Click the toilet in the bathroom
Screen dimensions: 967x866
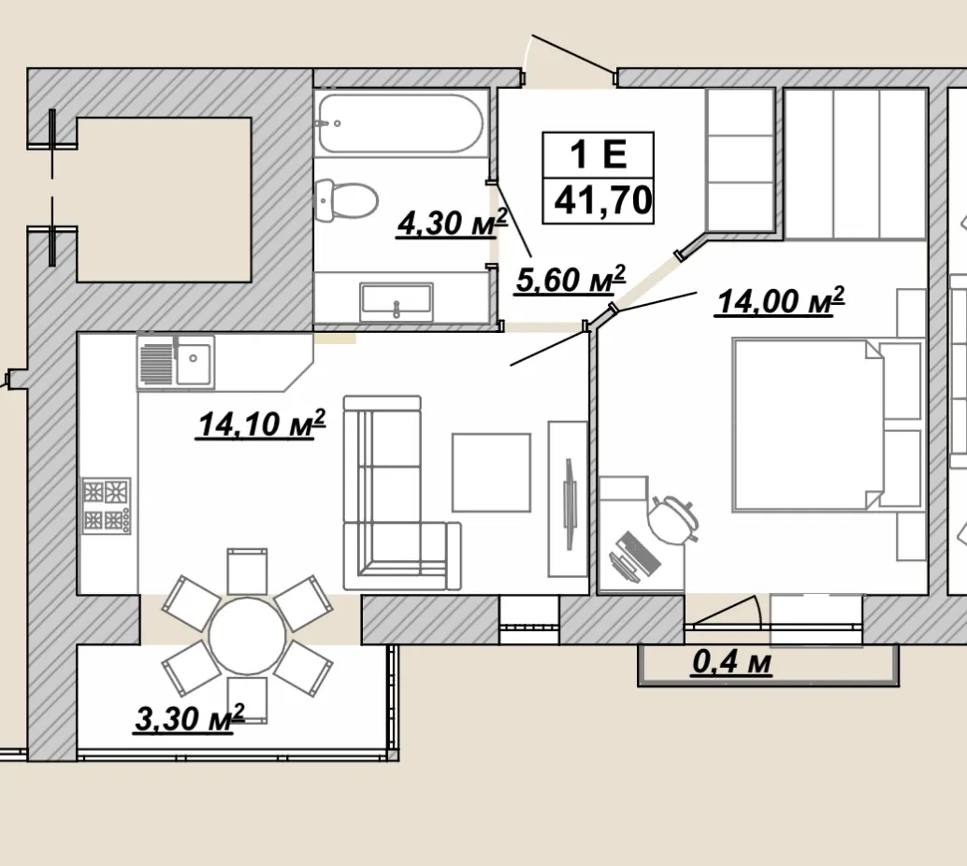346,200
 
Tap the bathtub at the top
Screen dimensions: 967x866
400,123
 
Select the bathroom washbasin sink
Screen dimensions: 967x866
397,301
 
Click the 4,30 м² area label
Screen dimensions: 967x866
452,223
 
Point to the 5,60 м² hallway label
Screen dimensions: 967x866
570,280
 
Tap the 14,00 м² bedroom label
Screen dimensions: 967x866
780,301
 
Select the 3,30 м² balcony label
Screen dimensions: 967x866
189,718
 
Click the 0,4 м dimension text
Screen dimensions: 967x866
731,662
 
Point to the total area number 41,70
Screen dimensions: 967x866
602,200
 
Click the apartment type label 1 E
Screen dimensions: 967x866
599,153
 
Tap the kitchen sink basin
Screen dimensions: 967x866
193,364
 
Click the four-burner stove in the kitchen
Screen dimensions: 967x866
107,506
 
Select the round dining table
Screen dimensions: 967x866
247,635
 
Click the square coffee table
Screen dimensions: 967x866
492,472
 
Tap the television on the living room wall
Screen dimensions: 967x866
570,503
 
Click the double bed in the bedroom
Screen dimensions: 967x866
809,425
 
